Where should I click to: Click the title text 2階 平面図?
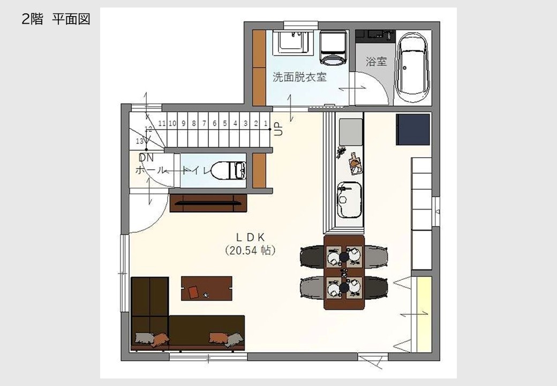(56, 19)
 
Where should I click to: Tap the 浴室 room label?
(376, 62)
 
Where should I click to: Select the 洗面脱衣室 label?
(299, 77)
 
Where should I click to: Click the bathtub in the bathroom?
(412, 68)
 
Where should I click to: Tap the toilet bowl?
(229, 170)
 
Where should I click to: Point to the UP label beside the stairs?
(279, 129)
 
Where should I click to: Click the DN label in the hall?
(146, 158)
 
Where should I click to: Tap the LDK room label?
(251, 237)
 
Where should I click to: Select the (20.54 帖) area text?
(251, 250)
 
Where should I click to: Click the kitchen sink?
(349, 199)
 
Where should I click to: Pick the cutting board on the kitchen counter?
(355, 163)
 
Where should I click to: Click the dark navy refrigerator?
(413, 129)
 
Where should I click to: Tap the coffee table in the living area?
(207, 288)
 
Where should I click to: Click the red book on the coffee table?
(193, 292)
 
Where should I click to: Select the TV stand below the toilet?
(208, 203)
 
